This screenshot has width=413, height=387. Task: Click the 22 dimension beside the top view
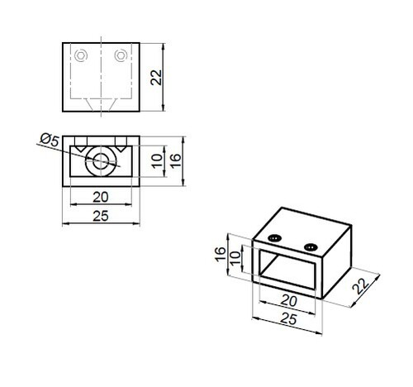pyautogui.click(x=156, y=78)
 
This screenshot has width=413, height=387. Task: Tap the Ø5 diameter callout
pyautogui.click(x=50, y=140)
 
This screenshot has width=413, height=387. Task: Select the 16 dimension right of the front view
pyautogui.click(x=175, y=160)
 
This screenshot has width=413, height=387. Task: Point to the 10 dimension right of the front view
pyautogui.click(x=157, y=161)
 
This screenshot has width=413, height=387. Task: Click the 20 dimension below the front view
pyautogui.click(x=101, y=198)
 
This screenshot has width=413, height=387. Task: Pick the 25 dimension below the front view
pyautogui.click(x=101, y=216)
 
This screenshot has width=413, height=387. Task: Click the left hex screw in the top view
pyautogui.click(x=81, y=55)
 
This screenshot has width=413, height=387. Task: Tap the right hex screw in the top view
pyautogui.click(x=121, y=55)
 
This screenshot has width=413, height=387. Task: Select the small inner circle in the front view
pyautogui.click(x=100, y=161)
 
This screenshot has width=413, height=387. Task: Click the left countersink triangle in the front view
pyautogui.click(x=81, y=148)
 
